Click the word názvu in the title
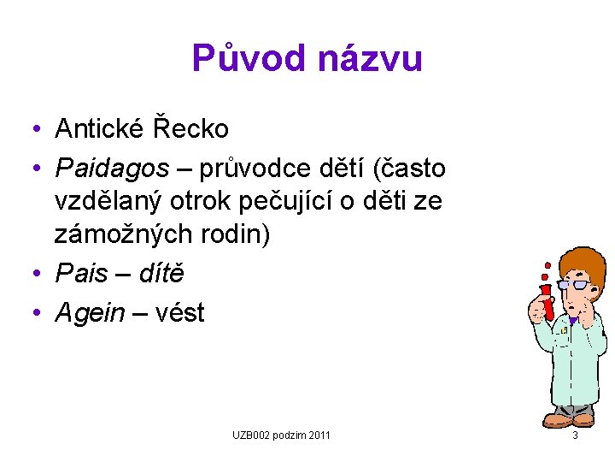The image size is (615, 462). tap(371, 59)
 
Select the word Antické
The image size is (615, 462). tap(99, 129)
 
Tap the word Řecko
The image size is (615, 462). tap(190, 129)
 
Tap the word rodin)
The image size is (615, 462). tap(234, 234)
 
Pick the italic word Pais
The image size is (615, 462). tap(82, 274)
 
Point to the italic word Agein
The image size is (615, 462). tap(90, 312)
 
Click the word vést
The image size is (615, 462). tap(176, 312)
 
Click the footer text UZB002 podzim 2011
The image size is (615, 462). tap(281, 436)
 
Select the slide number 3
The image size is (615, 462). tap(575, 436)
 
